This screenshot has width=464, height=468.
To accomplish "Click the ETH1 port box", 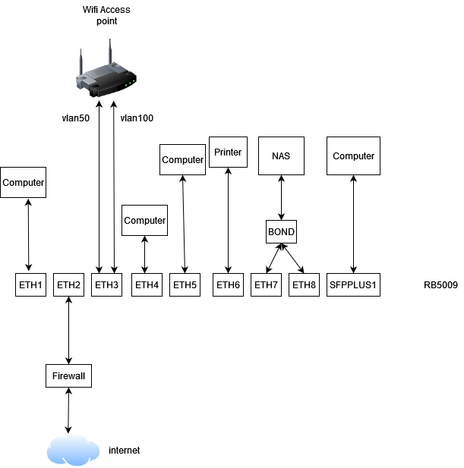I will pyautogui.click(x=30, y=285).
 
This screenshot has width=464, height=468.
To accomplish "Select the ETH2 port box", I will pyautogui.click(x=68, y=285).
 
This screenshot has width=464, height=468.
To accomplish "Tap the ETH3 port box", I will pyautogui.click(x=106, y=285).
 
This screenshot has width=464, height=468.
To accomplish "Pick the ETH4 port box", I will pyautogui.click(x=147, y=285).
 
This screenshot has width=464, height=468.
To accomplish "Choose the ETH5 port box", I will pyautogui.click(x=185, y=285).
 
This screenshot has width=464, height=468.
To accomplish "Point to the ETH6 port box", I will pyautogui.click(x=228, y=285).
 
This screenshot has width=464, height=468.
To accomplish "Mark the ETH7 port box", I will pyautogui.click(x=266, y=285).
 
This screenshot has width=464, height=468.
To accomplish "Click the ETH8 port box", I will pyautogui.click(x=304, y=285).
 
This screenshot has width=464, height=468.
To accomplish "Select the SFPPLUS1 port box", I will pyautogui.click(x=353, y=285).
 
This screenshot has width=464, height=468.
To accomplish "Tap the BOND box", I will pyautogui.click(x=281, y=232).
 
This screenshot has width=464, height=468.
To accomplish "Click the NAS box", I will pyautogui.click(x=281, y=156).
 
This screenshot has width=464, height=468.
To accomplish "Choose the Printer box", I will pyautogui.click(x=228, y=152).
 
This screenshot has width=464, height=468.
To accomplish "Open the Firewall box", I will pyautogui.click(x=68, y=375).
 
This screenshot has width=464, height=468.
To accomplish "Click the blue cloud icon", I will pyautogui.click(x=73, y=449).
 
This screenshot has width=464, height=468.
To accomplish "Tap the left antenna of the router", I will pyautogui.click(x=81, y=61).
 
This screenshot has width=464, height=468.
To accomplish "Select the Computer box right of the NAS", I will pyautogui.click(x=353, y=156).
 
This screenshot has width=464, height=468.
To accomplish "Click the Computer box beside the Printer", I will pyautogui.click(x=182, y=160).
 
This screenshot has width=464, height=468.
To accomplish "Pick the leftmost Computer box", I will pyautogui.click(x=23, y=183).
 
